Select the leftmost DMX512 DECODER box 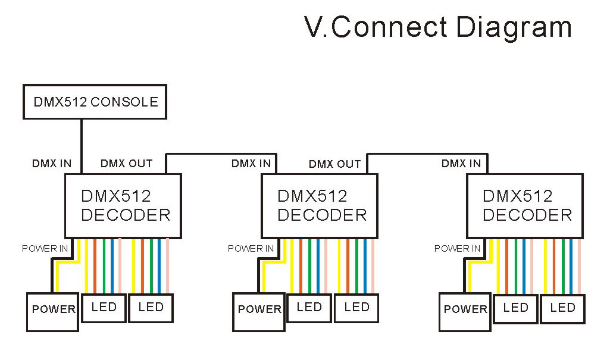pyautogui.click(x=123, y=205)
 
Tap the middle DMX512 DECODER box pyautogui.click(x=320, y=205)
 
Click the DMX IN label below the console pyautogui.click(x=52, y=163)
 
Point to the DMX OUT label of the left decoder pyautogui.click(x=126, y=163)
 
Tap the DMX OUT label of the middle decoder pyautogui.click(x=334, y=164)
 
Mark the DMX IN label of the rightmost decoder pyautogui.click(x=461, y=163)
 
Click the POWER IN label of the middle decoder pyautogui.click(x=251, y=248)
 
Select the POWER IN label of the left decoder pyautogui.click(x=45, y=248)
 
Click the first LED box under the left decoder pyautogui.click(x=104, y=308)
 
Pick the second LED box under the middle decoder pyautogui.click(x=356, y=308)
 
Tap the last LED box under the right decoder pyautogui.click(x=562, y=308)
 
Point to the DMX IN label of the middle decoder pyautogui.click(x=251, y=163)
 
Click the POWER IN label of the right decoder pyautogui.click(x=456, y=248)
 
